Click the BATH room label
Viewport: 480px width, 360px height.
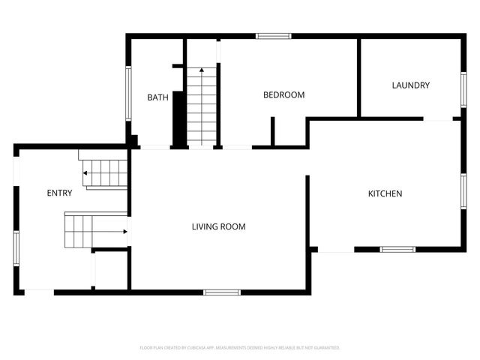157,97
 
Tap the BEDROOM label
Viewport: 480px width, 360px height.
283,94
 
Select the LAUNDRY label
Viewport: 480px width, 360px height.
410,85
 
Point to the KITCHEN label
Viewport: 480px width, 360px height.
385,193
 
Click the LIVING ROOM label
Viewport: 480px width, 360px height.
218,226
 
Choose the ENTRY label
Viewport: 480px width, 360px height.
60,193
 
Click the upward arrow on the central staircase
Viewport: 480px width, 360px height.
201,70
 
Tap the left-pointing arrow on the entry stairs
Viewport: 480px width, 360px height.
85,173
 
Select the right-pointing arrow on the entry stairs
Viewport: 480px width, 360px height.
124,232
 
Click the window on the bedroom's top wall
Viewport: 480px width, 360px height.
273,35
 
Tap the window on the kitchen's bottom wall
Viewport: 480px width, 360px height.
397,249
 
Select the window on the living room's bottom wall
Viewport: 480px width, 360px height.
221,292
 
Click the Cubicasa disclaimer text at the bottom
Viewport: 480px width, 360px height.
240,348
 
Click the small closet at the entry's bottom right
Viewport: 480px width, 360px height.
111,270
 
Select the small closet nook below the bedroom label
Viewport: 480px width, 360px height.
289,131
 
